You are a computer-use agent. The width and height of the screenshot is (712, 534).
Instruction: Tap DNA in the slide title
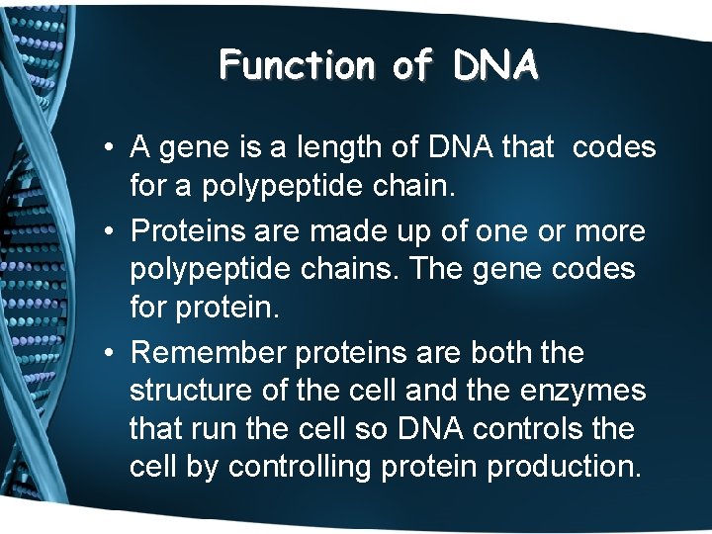[496, 65]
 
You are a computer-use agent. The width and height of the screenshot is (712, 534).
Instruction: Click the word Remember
[204, 353]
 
